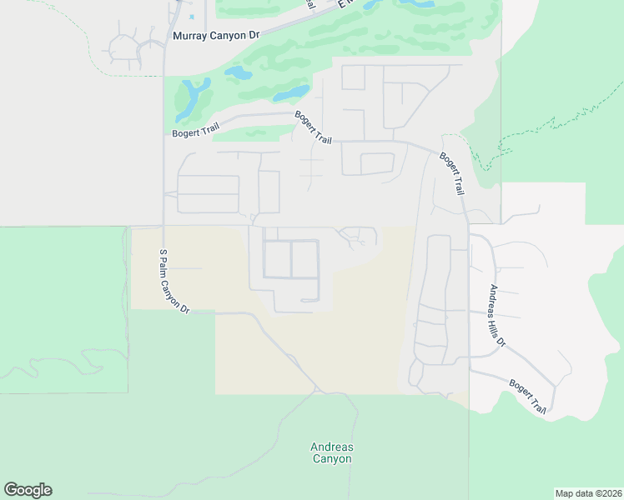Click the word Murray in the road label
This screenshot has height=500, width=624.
point(192,36)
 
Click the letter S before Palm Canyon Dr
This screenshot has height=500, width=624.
point(162,252)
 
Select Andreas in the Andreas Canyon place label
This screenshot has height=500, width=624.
point(331,447)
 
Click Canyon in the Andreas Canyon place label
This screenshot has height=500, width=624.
point(331,459)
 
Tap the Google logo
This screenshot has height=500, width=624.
point(28,490)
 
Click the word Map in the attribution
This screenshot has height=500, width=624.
point(565,493)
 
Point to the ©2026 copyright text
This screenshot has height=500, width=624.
point(606,493)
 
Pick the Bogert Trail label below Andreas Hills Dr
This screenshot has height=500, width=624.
point(527,398)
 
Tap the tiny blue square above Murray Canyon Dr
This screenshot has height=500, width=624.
point(192,17)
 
